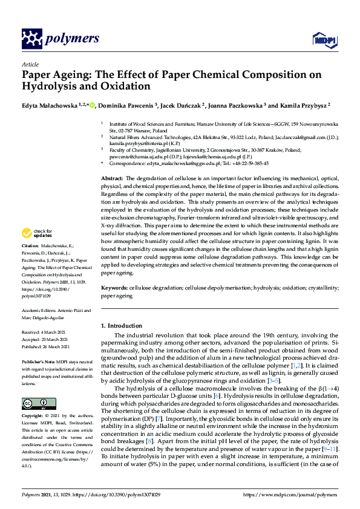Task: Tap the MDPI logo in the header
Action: pos(321,39)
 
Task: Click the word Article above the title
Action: pos(30,64)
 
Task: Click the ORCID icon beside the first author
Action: pos(93,104)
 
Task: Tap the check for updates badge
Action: pos(37,233)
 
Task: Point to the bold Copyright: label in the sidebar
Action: pos(34,417)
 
